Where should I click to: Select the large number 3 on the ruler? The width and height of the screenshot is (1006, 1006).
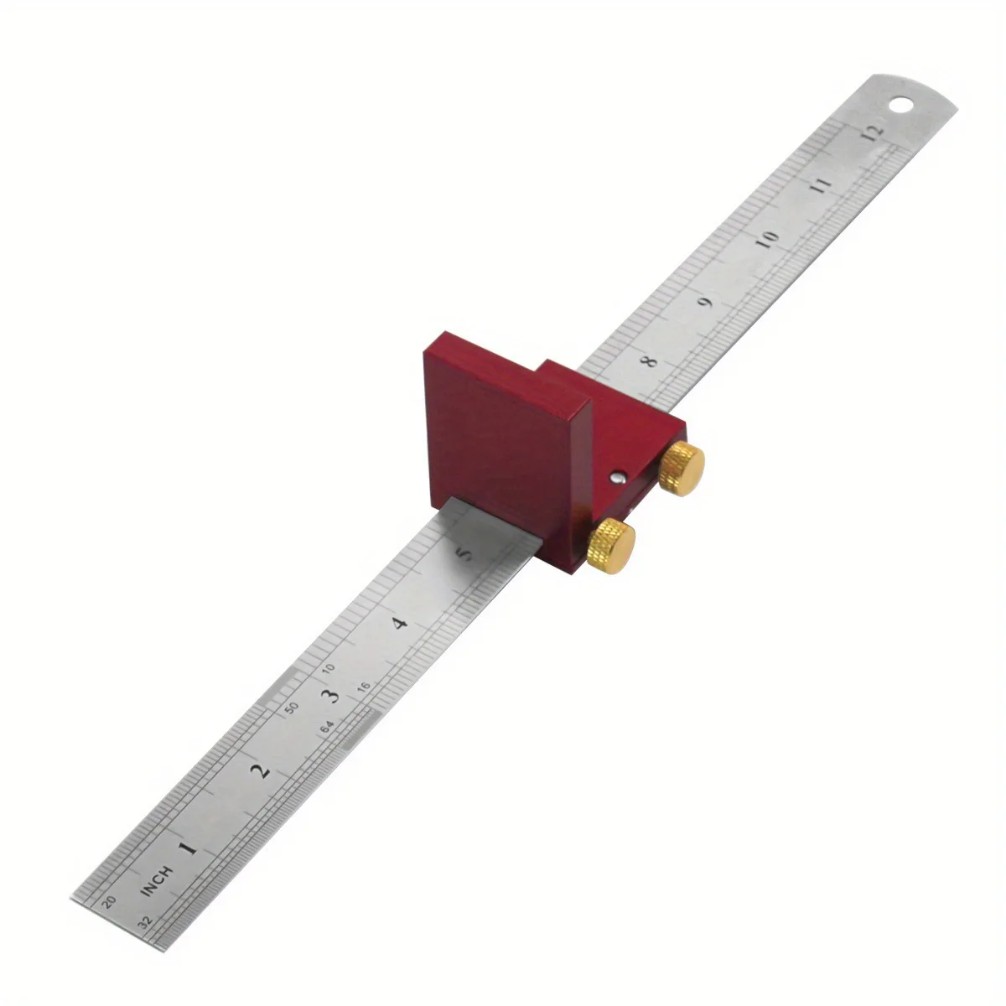pyautogui.click(x=332, y=695)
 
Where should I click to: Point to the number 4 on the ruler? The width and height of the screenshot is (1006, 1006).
pyautogui.click(x=400, y=623)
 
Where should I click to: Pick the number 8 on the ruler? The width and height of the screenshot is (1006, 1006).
pyautogui.click(x=649, y=362)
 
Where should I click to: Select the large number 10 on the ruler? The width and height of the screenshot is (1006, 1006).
pyautogui.click(x=767, y=238)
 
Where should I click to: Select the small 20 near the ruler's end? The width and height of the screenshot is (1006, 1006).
pyautogui.click(x=107, y=902)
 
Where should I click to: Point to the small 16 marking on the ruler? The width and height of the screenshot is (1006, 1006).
pyautogui.click(x=363, y=686)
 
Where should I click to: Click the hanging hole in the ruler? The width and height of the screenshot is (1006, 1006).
pyautogui.click(x=903, y=106)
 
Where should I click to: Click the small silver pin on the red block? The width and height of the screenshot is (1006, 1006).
pyautogui.click(x=616, y=477)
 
